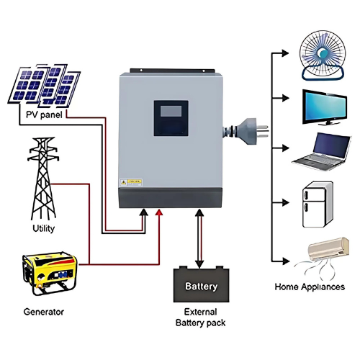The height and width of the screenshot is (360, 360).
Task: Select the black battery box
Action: pyautogui.click(x=201, y=285)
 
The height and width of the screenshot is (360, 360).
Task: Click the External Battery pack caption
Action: pyautogui.click(x=201, y=318)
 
